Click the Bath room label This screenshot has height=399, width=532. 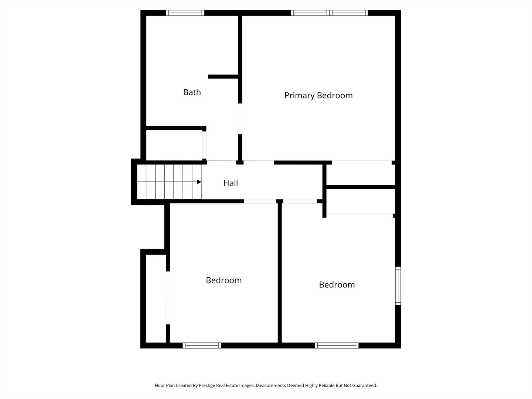[192, 92]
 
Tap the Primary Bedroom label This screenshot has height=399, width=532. [318, 95]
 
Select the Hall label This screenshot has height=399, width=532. [231, 183]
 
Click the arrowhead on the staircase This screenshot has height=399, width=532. [199, 182]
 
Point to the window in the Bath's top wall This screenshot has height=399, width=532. [185, 13]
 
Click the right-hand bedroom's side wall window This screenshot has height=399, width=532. [398, 285]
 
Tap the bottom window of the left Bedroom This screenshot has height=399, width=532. [202, 345]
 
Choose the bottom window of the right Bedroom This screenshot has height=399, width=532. [337, 345]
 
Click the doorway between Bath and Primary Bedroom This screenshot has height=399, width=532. [240, 119]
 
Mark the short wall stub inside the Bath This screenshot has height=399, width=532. [223, 76]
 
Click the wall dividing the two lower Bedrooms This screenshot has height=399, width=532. [280, 273]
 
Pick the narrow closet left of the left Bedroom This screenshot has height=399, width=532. [156, 299]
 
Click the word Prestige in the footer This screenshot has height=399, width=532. [209, 386]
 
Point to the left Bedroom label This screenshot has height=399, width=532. [224, 280]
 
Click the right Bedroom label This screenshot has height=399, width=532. [337, 285]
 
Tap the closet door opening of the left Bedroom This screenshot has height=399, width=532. [168, 298]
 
